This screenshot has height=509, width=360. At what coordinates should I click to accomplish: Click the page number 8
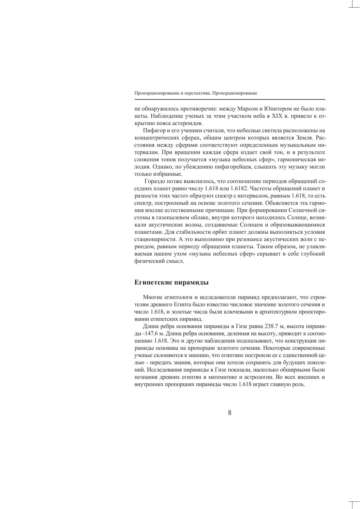(x=229, y=413)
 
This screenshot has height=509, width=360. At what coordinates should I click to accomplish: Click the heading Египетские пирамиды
(x=171, y=282)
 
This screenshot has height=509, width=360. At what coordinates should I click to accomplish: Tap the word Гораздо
(x=155, y=182)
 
